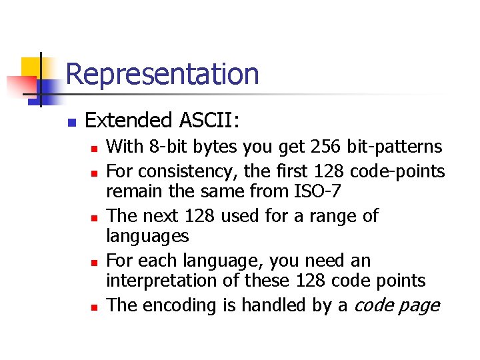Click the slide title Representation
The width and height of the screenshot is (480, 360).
[x=162, y=74]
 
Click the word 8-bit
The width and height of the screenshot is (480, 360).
[x=173, y=147]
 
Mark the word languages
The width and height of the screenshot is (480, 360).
[x=148, y=237]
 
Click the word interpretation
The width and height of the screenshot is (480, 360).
[x=162, y=281]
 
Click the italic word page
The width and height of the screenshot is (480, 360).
[x=421, y=306]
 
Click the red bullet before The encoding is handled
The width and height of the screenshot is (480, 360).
[x=95, y=307]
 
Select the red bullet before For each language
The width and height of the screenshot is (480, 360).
[x=95, y=263]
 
